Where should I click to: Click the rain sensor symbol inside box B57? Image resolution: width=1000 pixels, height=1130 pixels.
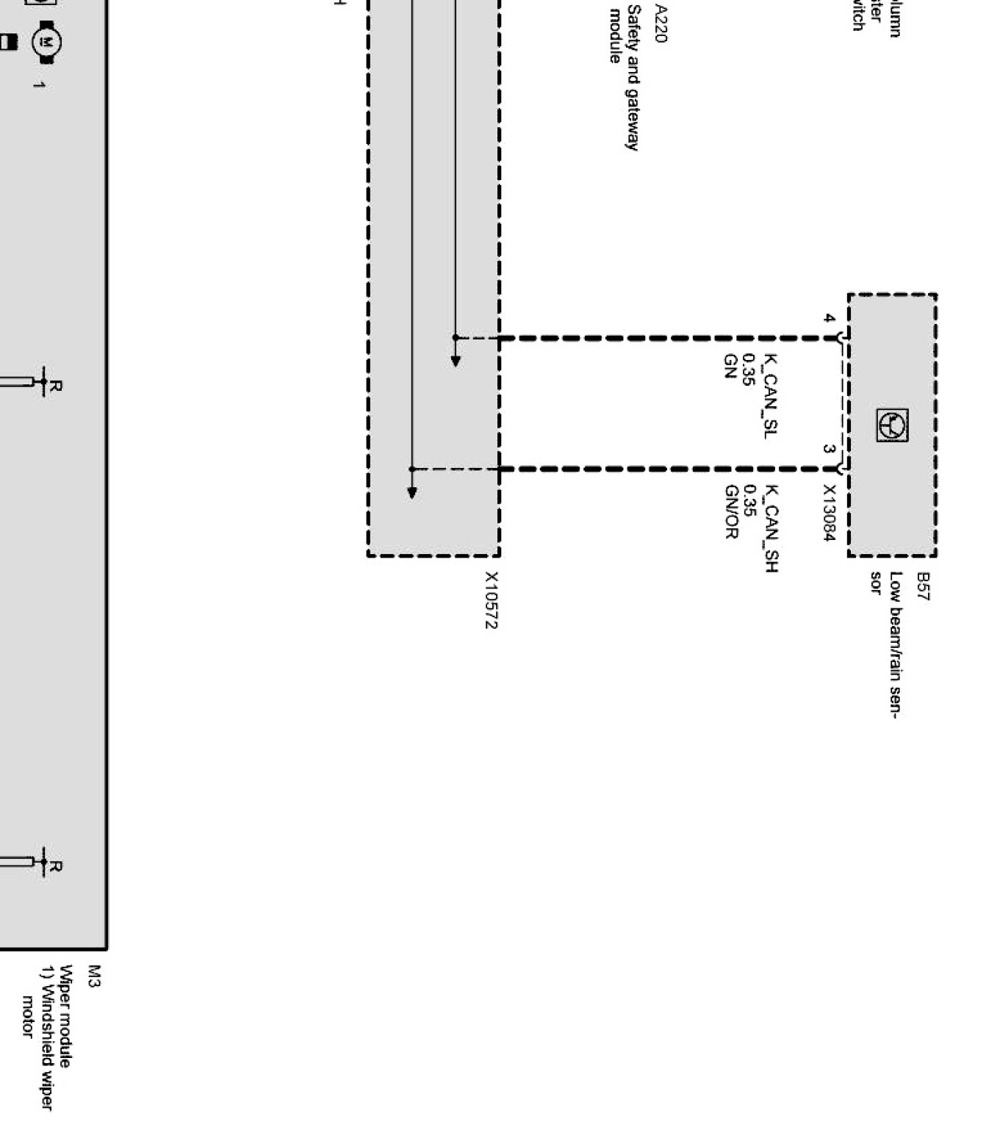[x=892, y=425]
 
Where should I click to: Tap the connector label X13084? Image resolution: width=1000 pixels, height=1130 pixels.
[x=830, y=513]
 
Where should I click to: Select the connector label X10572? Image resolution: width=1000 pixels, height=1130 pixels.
[x=491, y=600]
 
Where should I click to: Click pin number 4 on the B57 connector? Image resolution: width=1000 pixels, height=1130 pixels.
[x=829, y=319]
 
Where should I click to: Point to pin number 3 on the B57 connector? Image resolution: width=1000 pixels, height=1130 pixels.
[x=829, y=448]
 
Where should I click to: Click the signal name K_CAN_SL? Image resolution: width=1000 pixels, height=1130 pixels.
[x=770, y=396]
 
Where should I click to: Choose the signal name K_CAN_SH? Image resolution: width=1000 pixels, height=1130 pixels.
[x=771, y=528]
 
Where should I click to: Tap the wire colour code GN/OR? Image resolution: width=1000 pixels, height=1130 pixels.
[x=731, y=511]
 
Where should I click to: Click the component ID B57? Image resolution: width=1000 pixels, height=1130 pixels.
[x=923, y=586]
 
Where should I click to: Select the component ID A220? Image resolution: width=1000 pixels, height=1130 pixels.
[x=661, y=24]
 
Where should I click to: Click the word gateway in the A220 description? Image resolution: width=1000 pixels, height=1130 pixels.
[x=633, y=118]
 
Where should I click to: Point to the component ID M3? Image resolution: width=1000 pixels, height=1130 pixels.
[x=93, y=976]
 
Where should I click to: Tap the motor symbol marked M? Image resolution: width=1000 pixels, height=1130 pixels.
[x=46, y=43]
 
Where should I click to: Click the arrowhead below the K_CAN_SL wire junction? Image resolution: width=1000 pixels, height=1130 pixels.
[x=456, y=361]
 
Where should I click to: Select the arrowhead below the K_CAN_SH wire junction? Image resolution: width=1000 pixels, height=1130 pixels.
[x=411, y=492]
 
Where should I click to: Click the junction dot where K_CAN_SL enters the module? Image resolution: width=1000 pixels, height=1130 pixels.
[x=456, y=338]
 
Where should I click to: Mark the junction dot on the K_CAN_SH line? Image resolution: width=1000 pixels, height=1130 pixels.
[x=411, y=469]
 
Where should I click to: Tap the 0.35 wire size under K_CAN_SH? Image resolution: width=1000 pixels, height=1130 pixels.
[x=750, y=500]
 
